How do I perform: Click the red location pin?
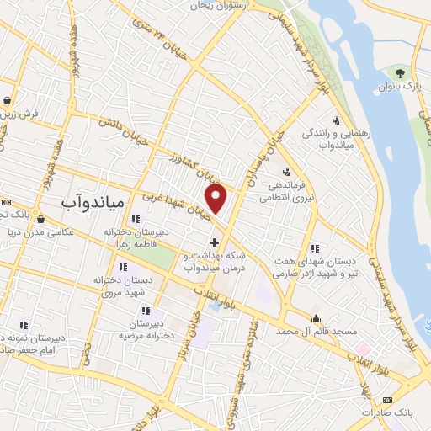(x=216, y=199)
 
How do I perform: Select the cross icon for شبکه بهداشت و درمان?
(x=214, y=243)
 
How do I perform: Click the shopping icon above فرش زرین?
(x=7, y=99)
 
